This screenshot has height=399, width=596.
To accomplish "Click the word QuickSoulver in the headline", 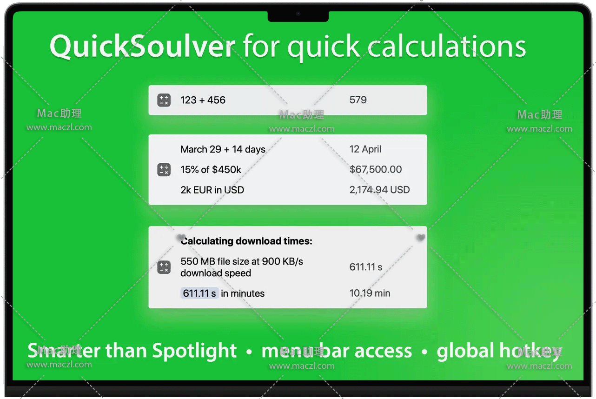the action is click(x=143, y=47).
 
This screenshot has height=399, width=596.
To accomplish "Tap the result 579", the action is click(x=358, y=100).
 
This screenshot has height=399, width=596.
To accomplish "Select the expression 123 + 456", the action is click(x=203, y=100).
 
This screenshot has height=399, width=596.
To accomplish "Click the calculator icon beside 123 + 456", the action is click(x=164, y=100).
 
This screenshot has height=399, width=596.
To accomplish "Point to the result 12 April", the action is click(x=365, y=149).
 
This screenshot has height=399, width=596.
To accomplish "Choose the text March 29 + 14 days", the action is click(x=223, y=149).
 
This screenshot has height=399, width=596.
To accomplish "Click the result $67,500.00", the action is click(x=376, y=169).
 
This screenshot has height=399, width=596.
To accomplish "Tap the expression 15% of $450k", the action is click(x=211, y=170).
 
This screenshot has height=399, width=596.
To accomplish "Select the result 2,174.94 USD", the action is click(x=379, y=190).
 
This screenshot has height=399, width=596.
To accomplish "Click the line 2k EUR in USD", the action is click(x=212, y=190).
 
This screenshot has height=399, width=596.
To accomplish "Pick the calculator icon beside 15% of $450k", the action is click(x=164, y=170).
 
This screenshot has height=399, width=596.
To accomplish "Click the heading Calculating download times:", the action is click(x=246, y=241).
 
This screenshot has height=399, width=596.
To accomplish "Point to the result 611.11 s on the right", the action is click(x=365, y=267).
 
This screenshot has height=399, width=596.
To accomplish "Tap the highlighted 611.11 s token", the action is click(x=199, y=293).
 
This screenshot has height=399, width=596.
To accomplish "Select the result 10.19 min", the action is click(x=370, y=293).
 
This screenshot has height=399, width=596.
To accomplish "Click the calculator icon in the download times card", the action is click(x=164, y=267).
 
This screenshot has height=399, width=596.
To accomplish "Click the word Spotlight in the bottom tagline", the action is click(x=194, y=351).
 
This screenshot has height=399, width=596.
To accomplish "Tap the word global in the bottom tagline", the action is click(x=465, y=351).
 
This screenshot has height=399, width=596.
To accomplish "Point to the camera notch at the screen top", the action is click(x=298, y=16).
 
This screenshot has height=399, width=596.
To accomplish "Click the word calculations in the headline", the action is click(x=447, y=47).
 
